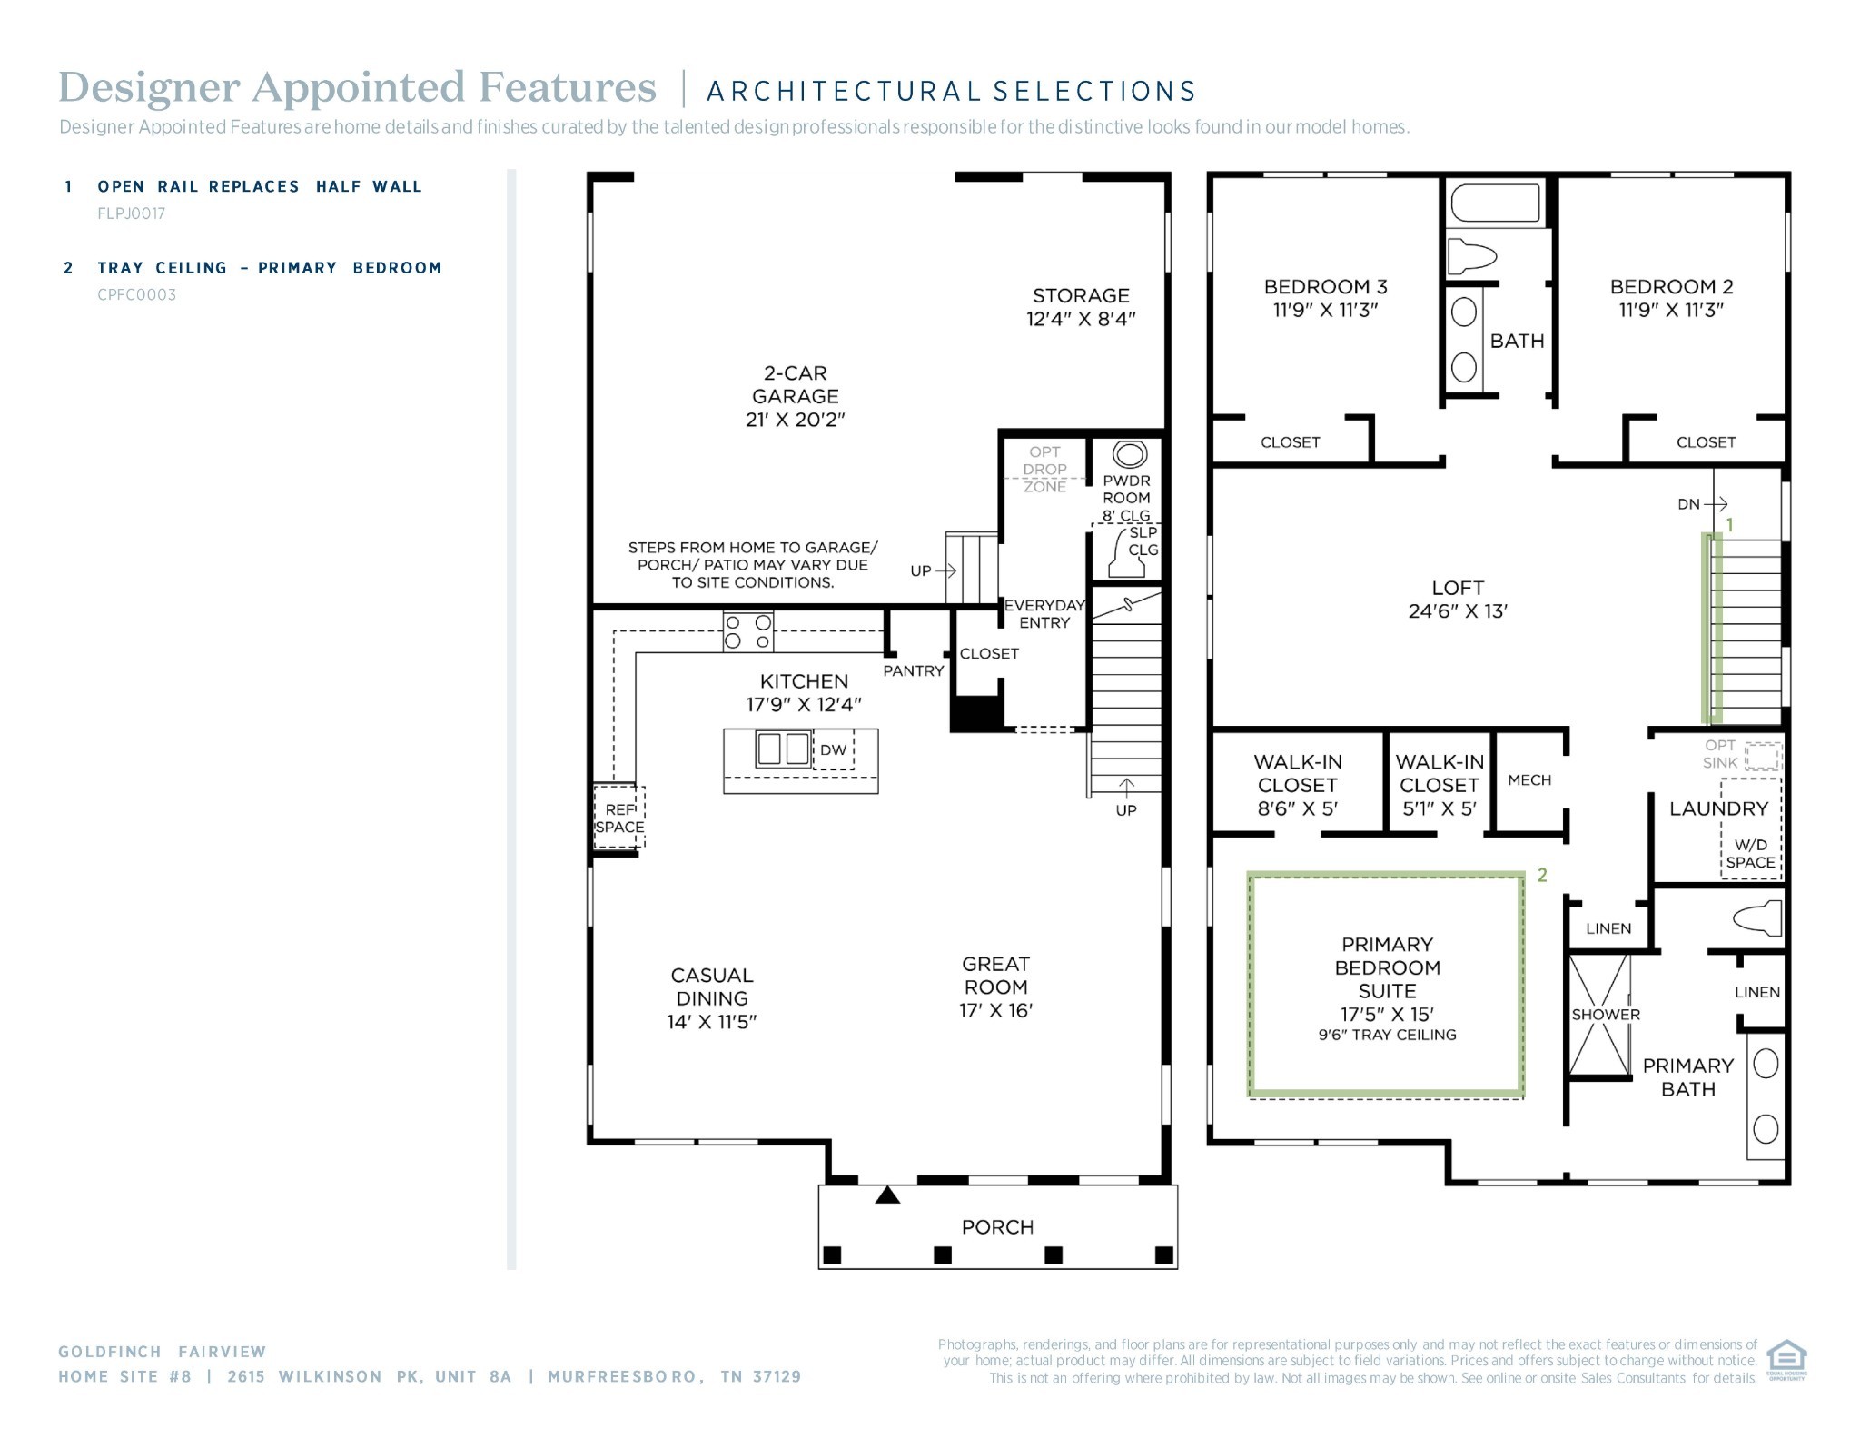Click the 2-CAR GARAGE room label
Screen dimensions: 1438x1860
795,396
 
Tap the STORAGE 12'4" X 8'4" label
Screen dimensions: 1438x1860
1081,307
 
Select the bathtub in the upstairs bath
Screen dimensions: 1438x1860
1495,203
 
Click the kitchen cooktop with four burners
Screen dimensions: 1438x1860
748,631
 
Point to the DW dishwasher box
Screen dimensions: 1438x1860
833,750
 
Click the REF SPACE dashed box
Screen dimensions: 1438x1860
619,818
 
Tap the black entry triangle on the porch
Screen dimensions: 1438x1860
887,1195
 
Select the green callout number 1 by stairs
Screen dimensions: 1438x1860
1729,525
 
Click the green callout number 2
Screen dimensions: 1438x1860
1542,875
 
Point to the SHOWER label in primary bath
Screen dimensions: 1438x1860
1606,1015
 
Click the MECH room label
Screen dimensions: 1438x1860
1529,780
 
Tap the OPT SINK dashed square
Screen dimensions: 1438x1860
1762,757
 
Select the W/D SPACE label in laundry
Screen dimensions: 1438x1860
1750,854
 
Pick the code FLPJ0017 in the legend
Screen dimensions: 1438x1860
132,213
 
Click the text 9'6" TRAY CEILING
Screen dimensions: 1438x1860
1387,1035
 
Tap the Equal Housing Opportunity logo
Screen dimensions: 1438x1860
1786,1359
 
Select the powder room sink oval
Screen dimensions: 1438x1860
1129,453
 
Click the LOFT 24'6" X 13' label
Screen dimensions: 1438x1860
1458,600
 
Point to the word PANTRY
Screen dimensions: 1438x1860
913,670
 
